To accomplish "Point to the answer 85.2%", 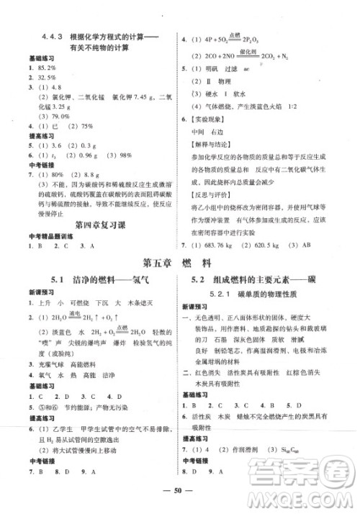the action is tap(40, 68).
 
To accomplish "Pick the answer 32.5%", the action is tap(40, 77).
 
